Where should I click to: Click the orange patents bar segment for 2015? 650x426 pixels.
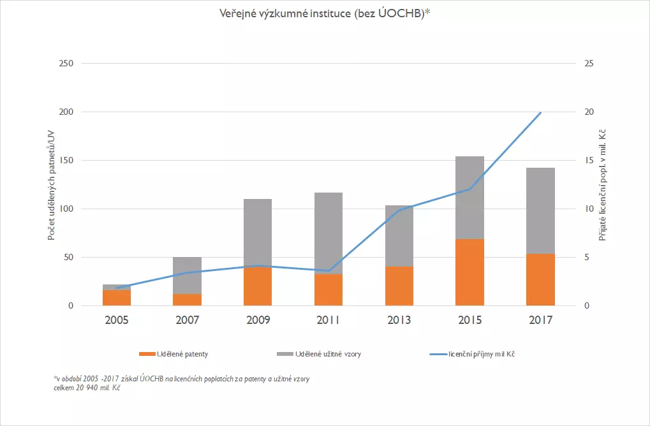pos(469,272)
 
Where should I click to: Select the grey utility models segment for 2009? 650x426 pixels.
pos(258,233)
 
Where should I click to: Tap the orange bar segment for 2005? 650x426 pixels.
pos(117,298)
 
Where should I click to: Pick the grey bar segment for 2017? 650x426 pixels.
pos(540,210)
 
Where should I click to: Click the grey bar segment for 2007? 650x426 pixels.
pos(188,275)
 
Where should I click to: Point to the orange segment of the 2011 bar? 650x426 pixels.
pos(329,290)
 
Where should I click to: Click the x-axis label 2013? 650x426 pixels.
pos(399,319)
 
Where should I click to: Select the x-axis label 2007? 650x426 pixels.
pos(188,319)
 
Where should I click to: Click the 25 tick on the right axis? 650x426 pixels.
pos(588,64)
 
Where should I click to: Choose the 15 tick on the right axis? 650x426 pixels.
pos(588,161)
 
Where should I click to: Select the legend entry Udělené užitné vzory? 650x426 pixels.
pos(329,354)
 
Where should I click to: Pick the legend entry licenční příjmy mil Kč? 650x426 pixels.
pos(482,354)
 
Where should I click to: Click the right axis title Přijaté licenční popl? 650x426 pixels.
pos(602,185)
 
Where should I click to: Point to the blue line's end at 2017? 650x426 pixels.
pos(541,112)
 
